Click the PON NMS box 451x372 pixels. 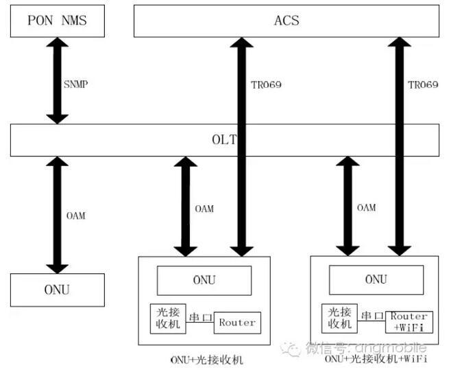point(58,21)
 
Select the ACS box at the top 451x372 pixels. point(286,21)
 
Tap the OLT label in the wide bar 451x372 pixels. point(226,140)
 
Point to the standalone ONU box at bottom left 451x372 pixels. point(58,290)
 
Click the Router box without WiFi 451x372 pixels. point(237,322)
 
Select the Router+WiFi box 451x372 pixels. point(409,321)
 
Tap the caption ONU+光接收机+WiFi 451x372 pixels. point(376,359)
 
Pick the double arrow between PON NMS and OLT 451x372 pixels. point(58,81)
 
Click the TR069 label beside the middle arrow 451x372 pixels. point(266,84)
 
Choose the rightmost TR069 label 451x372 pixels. point(423,84)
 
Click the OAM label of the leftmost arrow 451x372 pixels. point(75,216)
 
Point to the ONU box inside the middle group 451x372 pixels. point(204,281)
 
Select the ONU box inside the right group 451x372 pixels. point(376,280)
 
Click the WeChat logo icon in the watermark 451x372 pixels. point(293,349)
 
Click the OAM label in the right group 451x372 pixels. point(366,207)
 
